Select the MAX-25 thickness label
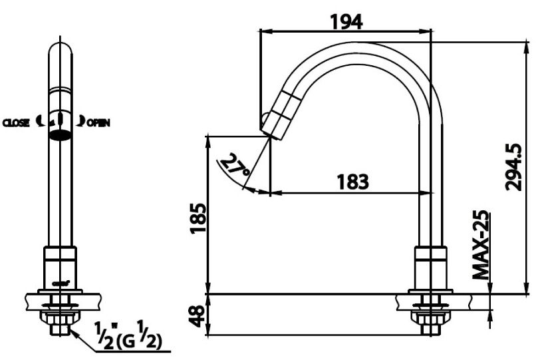(481, 246)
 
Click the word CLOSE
(16, 123)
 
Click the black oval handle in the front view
(61, 135)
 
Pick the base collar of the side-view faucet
(430, 266)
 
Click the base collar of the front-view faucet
(60, 266)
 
